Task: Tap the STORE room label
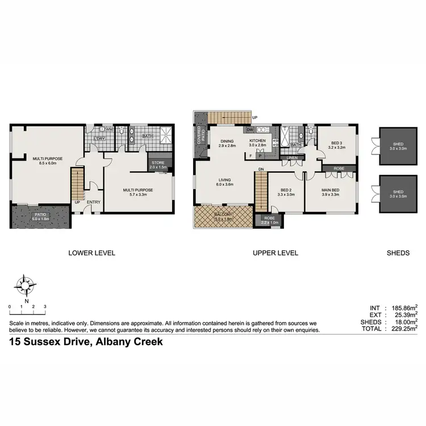[x=157, y=164]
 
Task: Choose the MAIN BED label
[x=330, y=190]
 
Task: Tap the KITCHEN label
[x=258, y=140]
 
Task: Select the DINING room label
[x=227, y=140]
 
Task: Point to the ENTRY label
[x=94, y=202]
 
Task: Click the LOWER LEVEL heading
[x=91, y=253]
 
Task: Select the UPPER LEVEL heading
[x=275, y=253]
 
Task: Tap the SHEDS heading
[x=398, y=253]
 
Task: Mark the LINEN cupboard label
[x=292, y=158]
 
